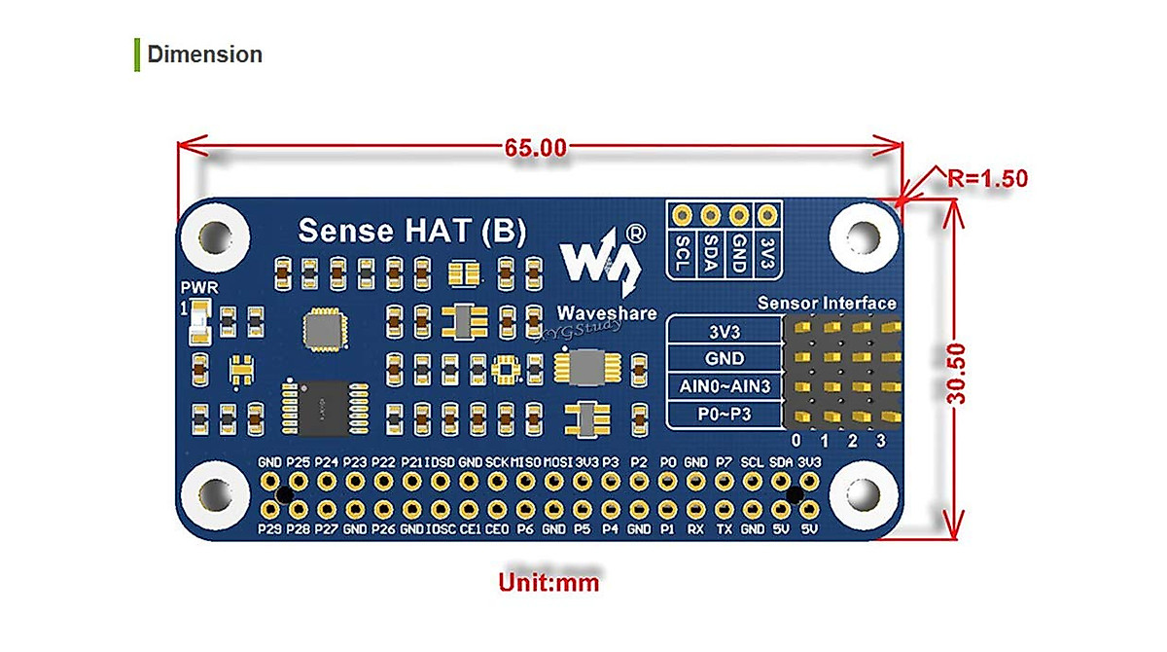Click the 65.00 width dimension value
point(535,148)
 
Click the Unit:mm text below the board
point(548,583)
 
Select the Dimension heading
point(204,54)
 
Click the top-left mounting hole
point(215,235)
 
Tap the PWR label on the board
point(199,288)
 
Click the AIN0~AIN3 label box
point(724,386)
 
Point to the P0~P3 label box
point(724,415)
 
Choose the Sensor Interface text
point(827,304)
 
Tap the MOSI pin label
point(556,462)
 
